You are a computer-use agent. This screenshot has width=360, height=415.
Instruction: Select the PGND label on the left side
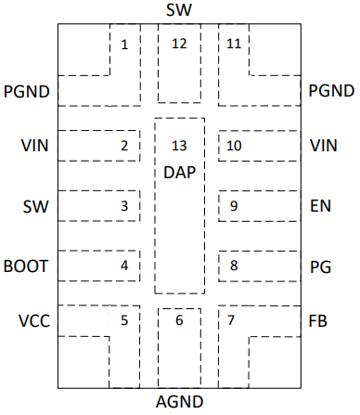coord(27,91)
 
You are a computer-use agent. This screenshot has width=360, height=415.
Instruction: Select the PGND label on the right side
coord(330,91)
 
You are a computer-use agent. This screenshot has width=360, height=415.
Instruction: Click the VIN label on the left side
coord(34,146)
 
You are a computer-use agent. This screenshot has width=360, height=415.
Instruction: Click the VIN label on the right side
coord(324,146)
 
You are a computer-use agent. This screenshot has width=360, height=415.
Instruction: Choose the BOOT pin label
coord(26,266)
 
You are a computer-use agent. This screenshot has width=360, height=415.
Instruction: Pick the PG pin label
coord(320,266)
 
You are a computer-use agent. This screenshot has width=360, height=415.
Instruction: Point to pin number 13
coord(179,146)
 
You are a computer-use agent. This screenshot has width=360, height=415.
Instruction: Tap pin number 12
coord(179,44)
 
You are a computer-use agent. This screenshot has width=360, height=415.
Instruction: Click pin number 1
coord(124,44)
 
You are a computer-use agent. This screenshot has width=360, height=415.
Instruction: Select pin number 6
coord(179,321)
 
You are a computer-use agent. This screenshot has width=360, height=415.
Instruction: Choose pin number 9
coord(234,206)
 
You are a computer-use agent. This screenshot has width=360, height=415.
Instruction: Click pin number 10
coord(234,146)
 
